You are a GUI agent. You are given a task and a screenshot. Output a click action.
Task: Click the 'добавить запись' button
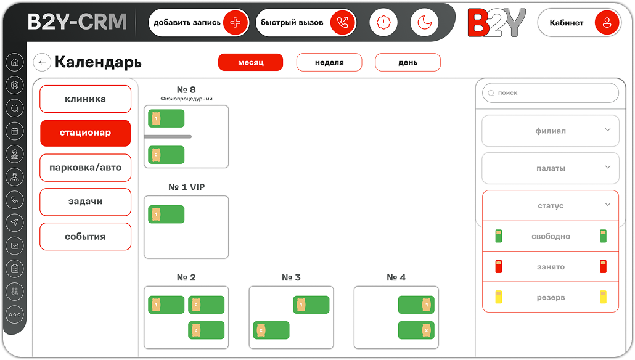199,23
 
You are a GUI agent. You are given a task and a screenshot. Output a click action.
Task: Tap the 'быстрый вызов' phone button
306,23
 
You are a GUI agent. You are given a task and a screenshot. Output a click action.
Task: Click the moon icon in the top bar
424,22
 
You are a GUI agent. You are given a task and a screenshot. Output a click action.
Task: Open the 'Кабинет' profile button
579,23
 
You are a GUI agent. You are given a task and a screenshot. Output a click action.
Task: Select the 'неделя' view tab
329,62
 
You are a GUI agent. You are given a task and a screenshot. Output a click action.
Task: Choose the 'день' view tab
408,62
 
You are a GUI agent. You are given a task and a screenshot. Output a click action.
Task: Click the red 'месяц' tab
251,62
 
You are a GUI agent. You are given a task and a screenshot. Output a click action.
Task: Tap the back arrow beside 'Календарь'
42,62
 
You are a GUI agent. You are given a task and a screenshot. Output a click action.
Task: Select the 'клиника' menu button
86,99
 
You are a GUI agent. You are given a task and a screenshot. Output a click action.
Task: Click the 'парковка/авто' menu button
86,168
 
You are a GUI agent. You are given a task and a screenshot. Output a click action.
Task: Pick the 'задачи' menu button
86,202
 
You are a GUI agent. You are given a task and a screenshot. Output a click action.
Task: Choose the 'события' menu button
86,237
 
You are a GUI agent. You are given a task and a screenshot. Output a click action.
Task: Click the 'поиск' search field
551,92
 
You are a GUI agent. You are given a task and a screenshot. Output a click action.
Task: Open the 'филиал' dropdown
551,131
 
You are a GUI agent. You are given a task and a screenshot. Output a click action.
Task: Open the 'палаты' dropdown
551,168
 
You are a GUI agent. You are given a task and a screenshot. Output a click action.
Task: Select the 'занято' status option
551,267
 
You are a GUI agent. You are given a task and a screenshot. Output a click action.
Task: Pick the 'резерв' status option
551,297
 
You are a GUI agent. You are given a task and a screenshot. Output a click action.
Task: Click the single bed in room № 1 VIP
166,215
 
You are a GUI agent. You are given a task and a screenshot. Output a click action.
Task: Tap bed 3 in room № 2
206,330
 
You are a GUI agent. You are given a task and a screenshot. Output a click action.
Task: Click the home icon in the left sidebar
15,62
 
